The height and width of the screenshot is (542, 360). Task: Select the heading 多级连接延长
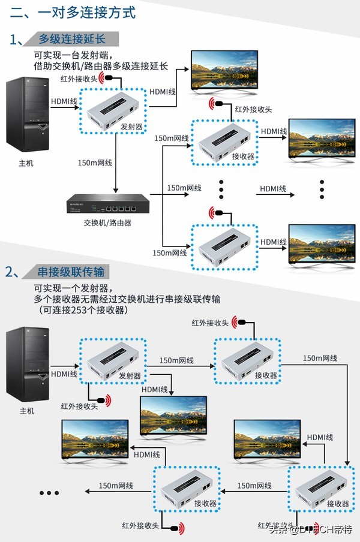point(71,39)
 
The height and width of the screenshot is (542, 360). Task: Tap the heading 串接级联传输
point(71,272)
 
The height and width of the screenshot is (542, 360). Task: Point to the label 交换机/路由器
point(107,222)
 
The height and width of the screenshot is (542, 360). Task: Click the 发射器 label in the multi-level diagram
point(131,127)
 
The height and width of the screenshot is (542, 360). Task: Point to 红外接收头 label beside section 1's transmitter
point(79,78)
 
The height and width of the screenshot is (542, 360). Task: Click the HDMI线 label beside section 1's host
point(64,101)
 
